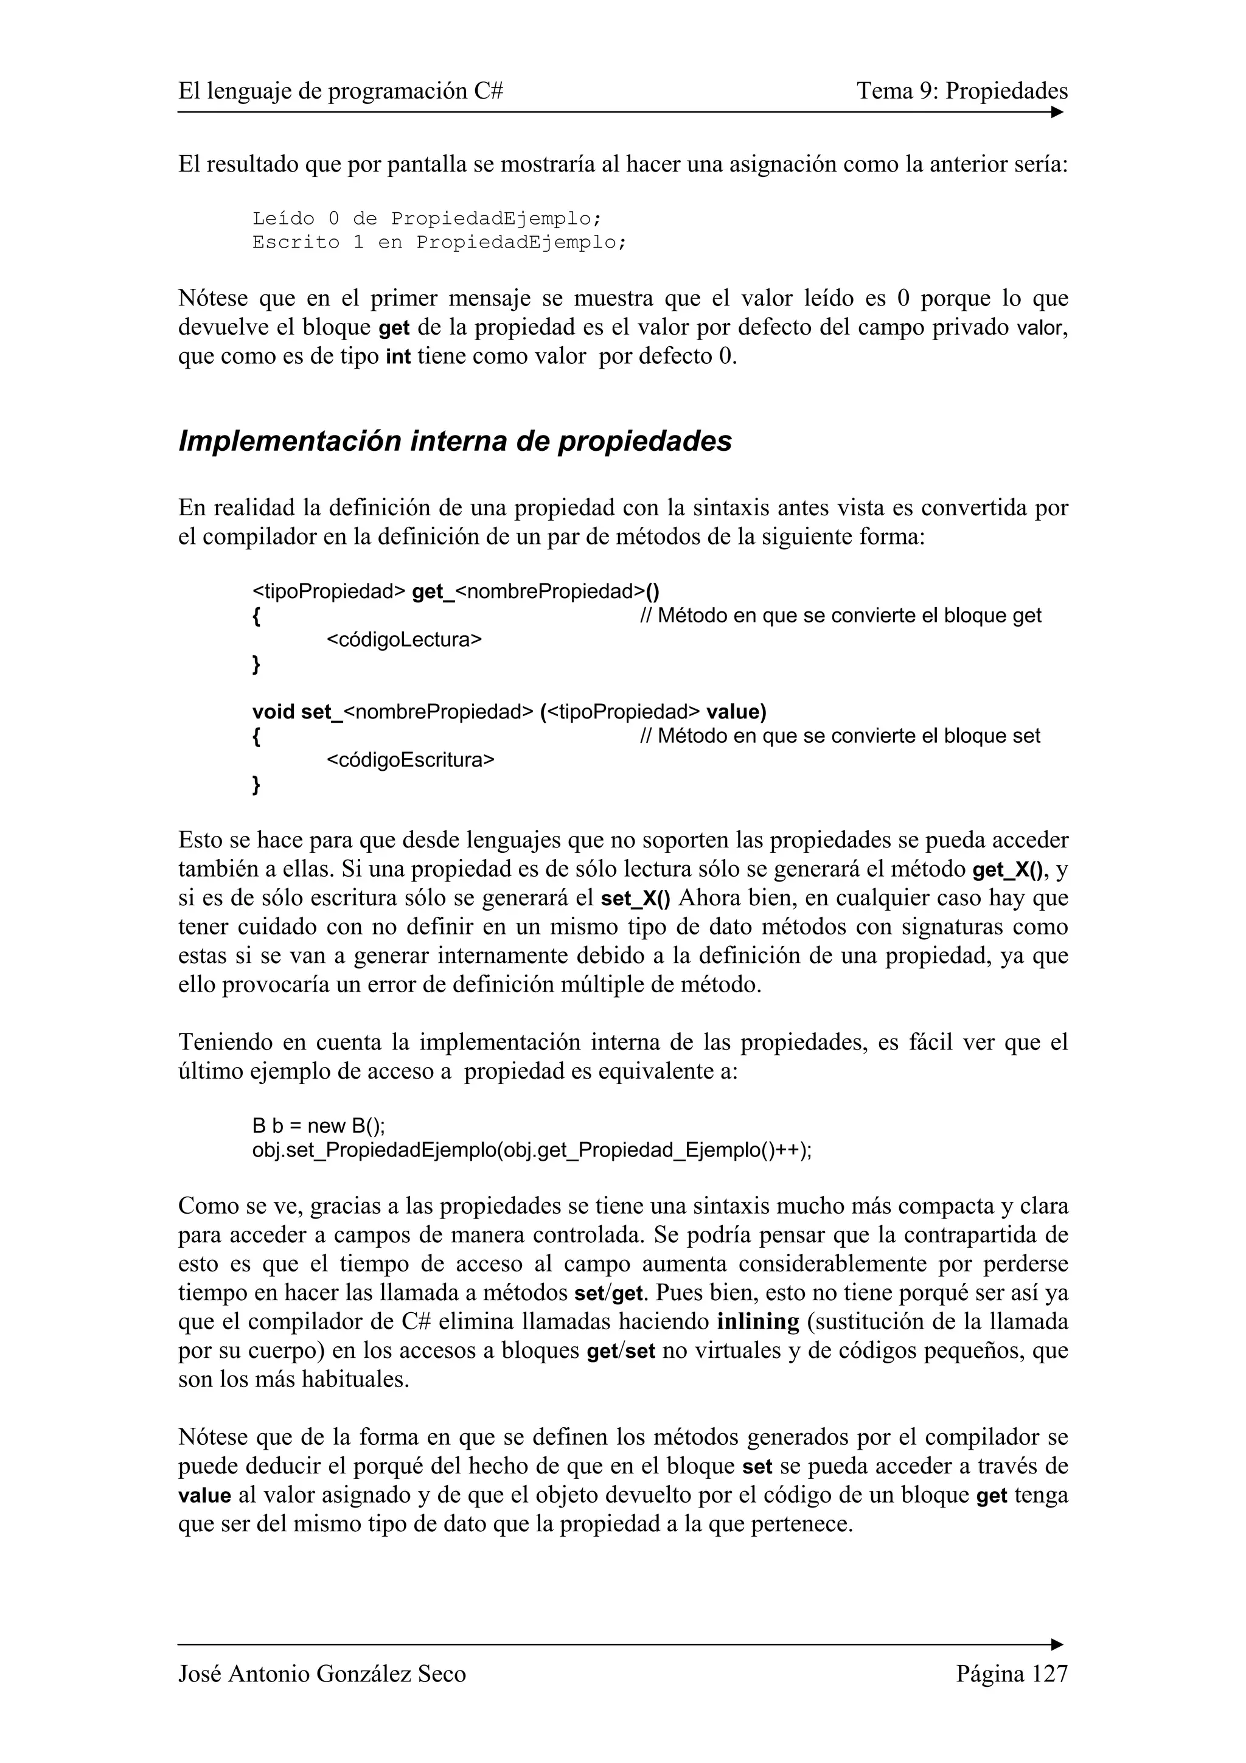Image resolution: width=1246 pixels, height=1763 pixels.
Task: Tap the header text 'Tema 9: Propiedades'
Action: click(962, 91)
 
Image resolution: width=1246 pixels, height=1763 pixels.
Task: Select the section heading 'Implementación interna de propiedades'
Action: click(454, 442)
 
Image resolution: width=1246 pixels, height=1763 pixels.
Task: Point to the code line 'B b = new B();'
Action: click(319, 1125)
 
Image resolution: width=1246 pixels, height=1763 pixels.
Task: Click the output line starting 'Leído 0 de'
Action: click(427, 219)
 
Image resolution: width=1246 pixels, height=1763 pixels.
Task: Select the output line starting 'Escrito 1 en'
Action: click(439, 243)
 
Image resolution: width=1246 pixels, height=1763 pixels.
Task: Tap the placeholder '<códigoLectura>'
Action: click(404, 639)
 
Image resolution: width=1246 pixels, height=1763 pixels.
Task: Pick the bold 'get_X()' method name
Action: click(1008, 870)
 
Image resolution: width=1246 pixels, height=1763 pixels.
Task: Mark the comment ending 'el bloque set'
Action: click(840, 735)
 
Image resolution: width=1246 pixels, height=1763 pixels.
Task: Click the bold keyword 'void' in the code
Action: click(273, 712)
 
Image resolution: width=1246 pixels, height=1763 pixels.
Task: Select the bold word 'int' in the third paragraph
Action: click(398, 358)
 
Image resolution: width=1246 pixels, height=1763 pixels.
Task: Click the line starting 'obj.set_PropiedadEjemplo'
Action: click(531, 1150)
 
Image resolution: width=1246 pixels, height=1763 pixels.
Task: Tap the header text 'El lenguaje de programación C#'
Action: click(340, 91)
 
